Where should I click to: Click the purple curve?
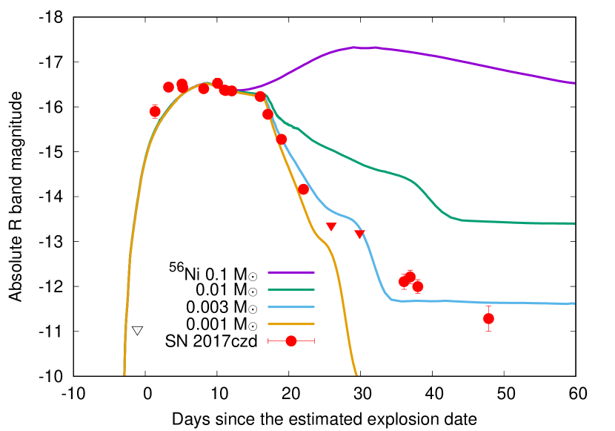(445, 57)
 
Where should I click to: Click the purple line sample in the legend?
(290, 272)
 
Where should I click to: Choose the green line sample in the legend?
(290, 289)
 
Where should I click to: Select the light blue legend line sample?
(290, 306)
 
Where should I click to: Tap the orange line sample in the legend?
(290, 323)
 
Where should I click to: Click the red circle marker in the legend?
(291, 340)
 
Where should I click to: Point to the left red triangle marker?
(331, 226)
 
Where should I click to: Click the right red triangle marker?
(359, 234)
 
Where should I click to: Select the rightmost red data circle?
(488, 318)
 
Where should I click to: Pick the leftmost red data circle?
(155, 111)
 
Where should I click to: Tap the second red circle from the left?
(168, 87)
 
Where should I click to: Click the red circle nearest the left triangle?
(303, 189)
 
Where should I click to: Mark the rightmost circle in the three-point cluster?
(418, 286)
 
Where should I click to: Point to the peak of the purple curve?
(356, 47)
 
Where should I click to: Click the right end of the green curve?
(574, 223)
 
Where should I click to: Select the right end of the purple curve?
(574, 83)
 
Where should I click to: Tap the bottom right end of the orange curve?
(356, 374)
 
